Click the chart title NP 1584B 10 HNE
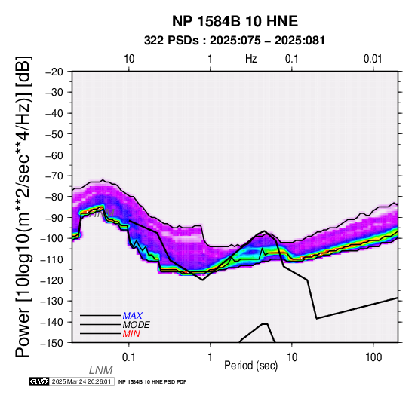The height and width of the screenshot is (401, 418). click(x=235, y=21)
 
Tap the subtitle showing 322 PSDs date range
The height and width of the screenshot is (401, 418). click(x=235, y=41)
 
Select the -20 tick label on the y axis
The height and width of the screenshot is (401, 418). click(x=54, y=72)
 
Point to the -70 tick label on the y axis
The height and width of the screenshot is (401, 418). click(x=54, y=176)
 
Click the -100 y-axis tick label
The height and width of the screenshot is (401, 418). click(x=52, y=239)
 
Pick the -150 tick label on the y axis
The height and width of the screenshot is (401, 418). click(x=52, y=343)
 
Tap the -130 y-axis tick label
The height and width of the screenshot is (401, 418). click(x=52, y=302)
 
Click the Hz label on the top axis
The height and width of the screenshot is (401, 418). click(x=250, y=59)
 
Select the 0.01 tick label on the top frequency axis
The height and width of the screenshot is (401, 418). click(x=373, y=59)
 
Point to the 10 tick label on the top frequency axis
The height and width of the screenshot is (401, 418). click(x=129, y=59)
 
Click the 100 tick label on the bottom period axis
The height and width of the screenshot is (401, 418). click(x=373, y=357)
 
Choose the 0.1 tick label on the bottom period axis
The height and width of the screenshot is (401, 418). click(x=129, y=357)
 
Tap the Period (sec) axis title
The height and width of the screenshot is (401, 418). click(x=250, y=366)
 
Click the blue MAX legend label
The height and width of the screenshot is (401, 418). click(x=133, y=316)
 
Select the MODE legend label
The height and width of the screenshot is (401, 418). click(x=137, y=325)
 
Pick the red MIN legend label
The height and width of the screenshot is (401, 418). click(x=131, y=334)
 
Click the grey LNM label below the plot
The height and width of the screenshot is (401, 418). click(x=101, y=370)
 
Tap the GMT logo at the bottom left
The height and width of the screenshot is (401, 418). click(x=39, y=381)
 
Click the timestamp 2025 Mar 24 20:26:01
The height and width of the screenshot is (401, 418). click(x=81, y=381)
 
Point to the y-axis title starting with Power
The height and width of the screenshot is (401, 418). click(x=23, y=207)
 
